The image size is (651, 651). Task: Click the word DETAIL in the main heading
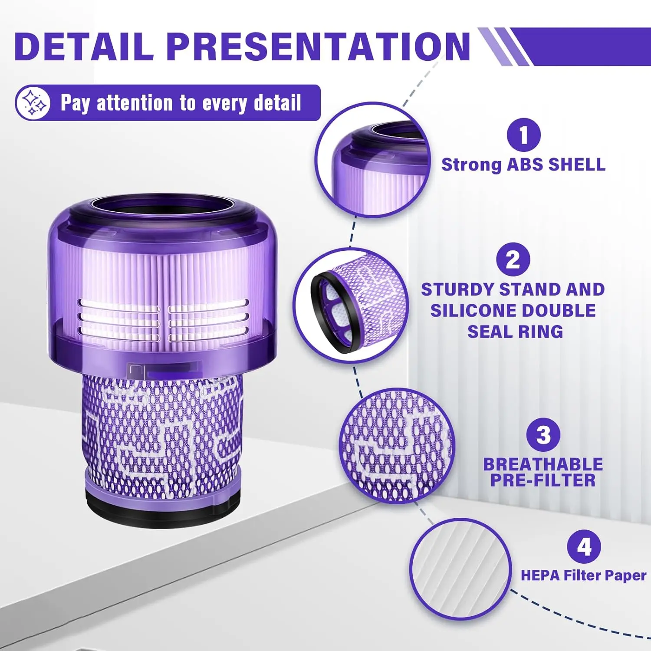pos(84,46)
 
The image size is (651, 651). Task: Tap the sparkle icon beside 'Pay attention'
pos(33,103)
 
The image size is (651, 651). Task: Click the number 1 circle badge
pos(523,135)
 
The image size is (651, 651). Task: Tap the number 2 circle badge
pos(513,260)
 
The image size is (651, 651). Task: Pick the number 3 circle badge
pos(543,434)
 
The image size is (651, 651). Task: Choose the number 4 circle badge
pos(584,547)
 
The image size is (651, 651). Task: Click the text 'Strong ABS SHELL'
pos(523,165)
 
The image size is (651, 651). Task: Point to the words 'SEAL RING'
pos(515,332)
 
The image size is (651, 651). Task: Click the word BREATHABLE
pos(543,464)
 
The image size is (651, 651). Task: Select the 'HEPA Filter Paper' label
pos(583,575)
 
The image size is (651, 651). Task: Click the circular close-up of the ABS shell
pos(372,160)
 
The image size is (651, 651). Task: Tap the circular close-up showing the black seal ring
pos(351,305)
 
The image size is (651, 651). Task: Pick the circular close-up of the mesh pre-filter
pos(397,446)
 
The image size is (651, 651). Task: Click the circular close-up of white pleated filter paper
pos(460,569)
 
